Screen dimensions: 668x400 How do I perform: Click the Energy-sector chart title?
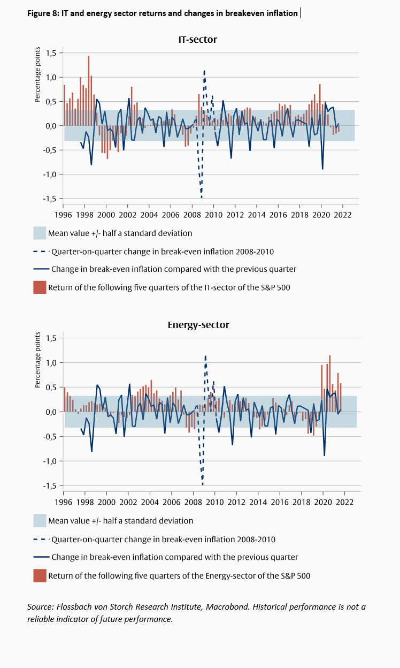tap(198, 325)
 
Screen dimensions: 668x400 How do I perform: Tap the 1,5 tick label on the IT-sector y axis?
tap(51, 53)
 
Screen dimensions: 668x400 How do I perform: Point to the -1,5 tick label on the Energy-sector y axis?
tap(50, 485)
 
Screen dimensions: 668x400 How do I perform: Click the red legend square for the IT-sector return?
tap(40, 287)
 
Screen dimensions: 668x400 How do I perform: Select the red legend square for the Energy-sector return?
tap(40, 575)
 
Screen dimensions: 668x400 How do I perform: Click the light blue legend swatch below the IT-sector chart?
tap(40, 233)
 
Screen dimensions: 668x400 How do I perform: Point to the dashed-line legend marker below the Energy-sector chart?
tap(41, 539)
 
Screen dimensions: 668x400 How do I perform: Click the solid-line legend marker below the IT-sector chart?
tap(41, 269)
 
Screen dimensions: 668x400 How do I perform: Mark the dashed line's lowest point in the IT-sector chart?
tap(202, 197)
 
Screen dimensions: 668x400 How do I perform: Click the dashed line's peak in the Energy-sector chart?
tap(205, 356)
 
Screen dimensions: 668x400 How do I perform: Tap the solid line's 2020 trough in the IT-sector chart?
tap(322, 169)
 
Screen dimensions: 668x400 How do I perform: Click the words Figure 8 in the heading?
tap(43, 13)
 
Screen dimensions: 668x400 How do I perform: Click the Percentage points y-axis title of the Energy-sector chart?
tap(37, 360)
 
